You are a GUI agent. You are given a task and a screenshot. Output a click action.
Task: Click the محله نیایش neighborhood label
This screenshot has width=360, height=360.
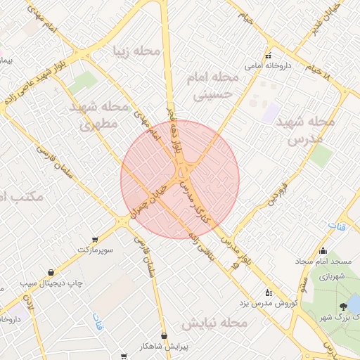214,323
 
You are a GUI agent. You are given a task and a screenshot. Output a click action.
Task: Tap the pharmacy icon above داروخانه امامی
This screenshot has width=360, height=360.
268,56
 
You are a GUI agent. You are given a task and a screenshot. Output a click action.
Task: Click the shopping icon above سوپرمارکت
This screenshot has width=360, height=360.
96,239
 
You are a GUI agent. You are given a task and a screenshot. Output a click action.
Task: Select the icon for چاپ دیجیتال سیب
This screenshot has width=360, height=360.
51,272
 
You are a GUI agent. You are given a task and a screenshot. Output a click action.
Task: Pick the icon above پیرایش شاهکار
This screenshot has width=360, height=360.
164,336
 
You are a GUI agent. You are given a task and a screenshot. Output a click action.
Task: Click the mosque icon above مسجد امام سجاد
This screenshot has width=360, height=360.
323,250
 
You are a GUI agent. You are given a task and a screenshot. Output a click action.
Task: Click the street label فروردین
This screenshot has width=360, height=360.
276,193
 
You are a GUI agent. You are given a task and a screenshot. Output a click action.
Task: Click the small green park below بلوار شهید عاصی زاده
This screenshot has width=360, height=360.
84,81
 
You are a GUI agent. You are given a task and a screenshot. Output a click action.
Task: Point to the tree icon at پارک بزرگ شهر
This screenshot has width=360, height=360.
343,306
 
